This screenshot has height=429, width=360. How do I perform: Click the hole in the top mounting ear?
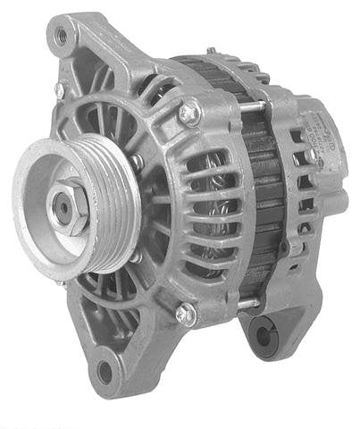pyautogui.click(x=62, y=37)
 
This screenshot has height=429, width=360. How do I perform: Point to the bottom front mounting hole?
pyautogui.click(x=106, y=371)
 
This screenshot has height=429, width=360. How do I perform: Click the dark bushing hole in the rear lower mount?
pyautogui.click(x=264, y=335)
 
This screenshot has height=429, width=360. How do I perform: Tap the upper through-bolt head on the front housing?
pyautogui.click(x=188, y=113)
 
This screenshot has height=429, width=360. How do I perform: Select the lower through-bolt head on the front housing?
pyautogui.click(x=185, y=313)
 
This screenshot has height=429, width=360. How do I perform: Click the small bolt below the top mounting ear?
pyautogui.click(x=59, y=90)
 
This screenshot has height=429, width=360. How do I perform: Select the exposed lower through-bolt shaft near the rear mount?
pyautogui.click(x=248, y=304)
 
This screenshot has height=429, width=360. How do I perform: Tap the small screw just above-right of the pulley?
pyautogui.click(x=138, y=162)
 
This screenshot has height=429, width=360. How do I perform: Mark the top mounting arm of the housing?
pyautogui.click(x=89, y=45)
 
